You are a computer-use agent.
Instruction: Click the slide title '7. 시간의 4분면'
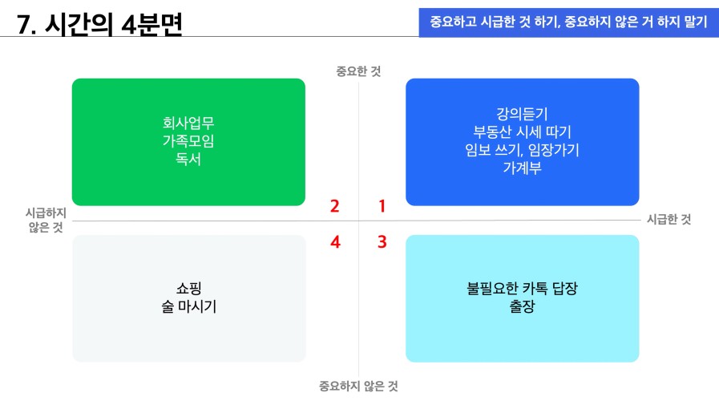(99, 24)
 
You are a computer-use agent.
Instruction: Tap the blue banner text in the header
(568, 22)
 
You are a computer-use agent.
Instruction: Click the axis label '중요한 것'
(358, 71)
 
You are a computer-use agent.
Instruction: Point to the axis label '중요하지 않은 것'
(358, 387)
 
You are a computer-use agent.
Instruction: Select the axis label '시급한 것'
(669, 219)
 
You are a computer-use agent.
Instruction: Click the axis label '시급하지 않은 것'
(46, 220)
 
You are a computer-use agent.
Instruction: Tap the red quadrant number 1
(382, 206)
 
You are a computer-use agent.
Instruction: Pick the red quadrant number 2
(335, 206)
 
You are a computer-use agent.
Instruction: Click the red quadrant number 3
(382, 241)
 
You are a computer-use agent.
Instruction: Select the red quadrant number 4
(335, 241)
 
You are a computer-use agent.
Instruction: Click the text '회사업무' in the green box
(188, 123)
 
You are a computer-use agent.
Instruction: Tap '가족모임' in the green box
(188, 141)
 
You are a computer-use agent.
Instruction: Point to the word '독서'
(188, 159)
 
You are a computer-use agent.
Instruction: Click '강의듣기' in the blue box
(523, 114)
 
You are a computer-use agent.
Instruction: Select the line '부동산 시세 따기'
(523, 132)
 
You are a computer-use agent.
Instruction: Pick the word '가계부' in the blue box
(523, 168)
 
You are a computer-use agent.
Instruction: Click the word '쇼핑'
(189, 289)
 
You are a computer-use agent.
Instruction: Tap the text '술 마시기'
(189, 306)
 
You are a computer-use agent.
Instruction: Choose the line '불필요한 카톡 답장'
(523, 289)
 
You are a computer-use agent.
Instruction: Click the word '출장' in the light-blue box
(523, 306)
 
